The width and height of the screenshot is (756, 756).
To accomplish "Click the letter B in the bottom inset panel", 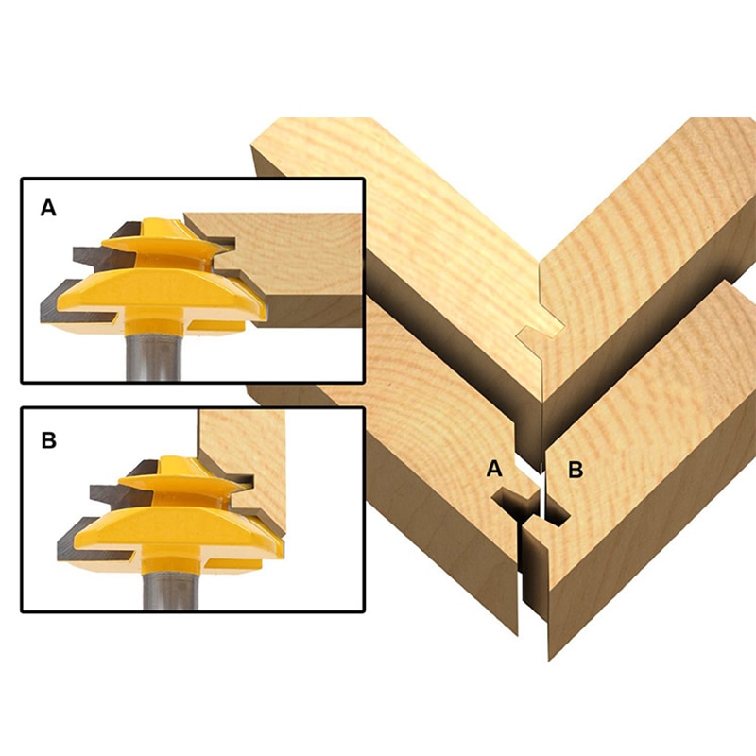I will click(49, 439).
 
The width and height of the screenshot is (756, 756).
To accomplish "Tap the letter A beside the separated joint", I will click(493, 468).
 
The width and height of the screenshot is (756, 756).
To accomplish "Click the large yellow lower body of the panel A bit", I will click(151, 293).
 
